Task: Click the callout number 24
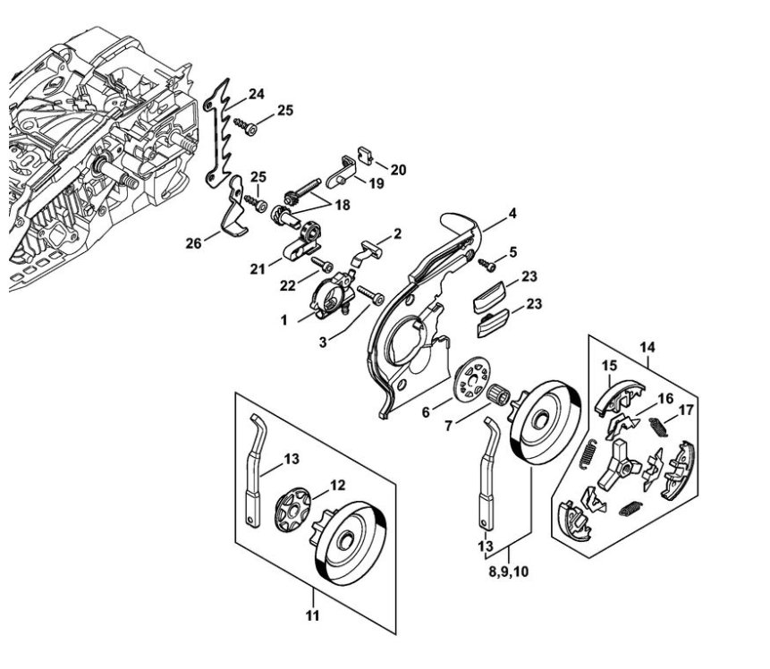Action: click(x=256, y=94)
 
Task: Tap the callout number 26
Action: click(x=193, y=242)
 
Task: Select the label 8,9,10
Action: click(x=508, y=572)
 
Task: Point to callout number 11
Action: click(x=313, y=615)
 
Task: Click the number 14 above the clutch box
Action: click(x=647, y=347)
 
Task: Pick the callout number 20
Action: click(x=398, y=170)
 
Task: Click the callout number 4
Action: click(x=512, y=214)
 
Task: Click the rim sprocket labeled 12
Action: click(x=292, y=512)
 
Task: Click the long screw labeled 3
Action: click(x=370, y=295)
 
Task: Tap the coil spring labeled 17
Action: click(x=658, y=426)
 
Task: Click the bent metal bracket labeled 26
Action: click(x=234, y=206)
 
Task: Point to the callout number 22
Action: click(x=288, y=285)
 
